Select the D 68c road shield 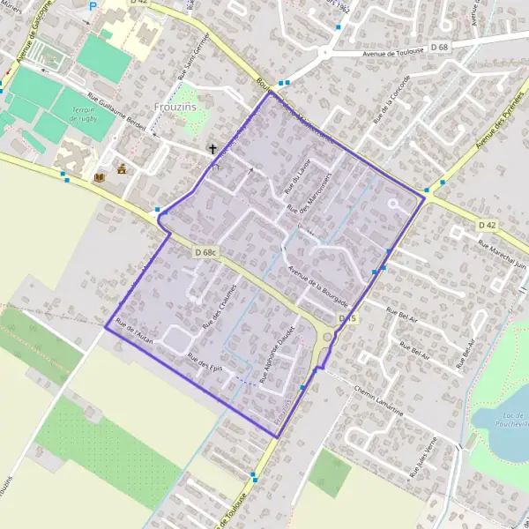click(204, 253)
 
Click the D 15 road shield click(346, 318)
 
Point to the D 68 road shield click(439, 46)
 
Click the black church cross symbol click(212, 150)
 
